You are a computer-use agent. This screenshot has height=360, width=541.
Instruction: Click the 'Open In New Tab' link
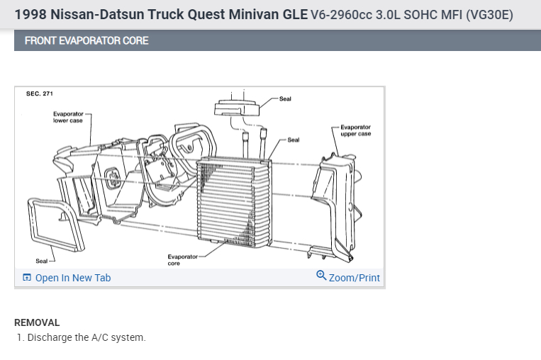point(72,278)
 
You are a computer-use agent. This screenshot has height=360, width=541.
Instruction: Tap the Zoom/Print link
point(354,278)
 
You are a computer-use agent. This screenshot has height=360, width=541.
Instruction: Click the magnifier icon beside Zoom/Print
point(321,276)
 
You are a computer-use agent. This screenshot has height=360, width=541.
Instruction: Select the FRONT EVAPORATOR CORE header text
point(87,40)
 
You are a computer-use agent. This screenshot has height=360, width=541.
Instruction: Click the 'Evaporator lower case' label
point(67,117)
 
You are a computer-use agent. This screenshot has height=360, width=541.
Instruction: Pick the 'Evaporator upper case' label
point(355,130)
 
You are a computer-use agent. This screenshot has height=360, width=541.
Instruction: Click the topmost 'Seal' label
point(285,99)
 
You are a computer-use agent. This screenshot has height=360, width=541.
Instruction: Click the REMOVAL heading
point(37,322)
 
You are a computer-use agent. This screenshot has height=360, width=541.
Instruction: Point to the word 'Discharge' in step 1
point(50,337)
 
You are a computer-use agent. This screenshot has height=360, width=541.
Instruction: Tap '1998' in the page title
point(31,14)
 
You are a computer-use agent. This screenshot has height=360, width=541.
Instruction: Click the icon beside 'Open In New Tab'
point(27,278)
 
